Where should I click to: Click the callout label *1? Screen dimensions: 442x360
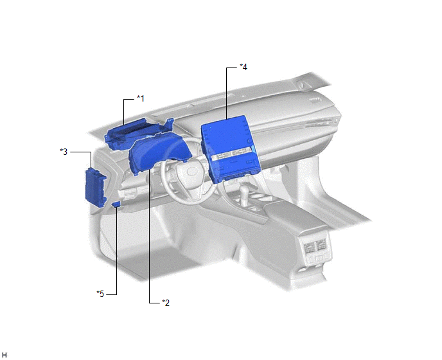(x=141, y=98)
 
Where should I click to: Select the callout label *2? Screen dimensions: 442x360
(x=166, y=303)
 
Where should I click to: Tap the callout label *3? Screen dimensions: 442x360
(x=64, y=152)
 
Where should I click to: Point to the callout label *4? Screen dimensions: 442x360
(x=243, y=67)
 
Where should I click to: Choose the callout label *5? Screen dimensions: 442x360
(x=100, y=294)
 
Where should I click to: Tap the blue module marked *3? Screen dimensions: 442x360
(x=95, y=187)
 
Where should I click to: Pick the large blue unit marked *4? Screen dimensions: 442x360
(x=230, y=148)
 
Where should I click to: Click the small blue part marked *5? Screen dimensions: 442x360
(x=116, y=204)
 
